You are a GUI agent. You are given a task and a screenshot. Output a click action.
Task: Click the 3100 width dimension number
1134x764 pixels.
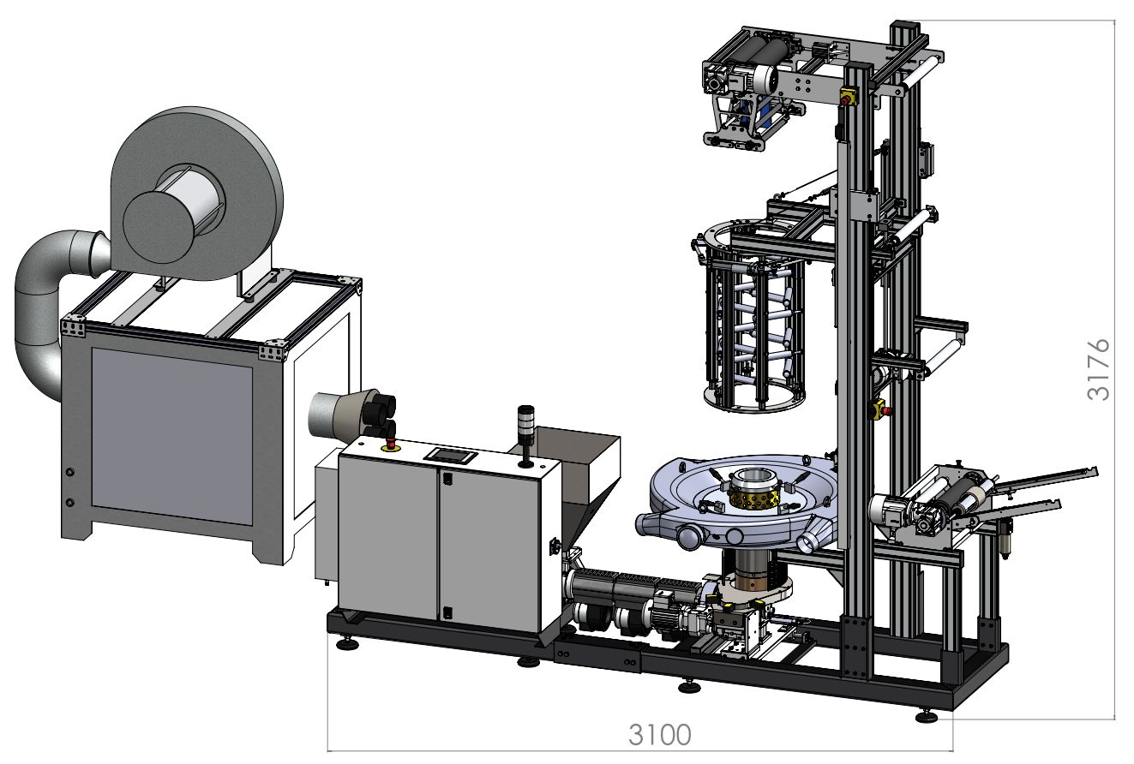click(660, 734)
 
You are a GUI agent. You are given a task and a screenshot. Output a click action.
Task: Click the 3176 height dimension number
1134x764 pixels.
click(1099, 369)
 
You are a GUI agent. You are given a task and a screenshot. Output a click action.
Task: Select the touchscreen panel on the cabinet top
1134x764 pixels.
click(450, 455)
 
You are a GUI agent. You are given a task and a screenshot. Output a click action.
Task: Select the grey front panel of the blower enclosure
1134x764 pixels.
click(171, 436)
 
